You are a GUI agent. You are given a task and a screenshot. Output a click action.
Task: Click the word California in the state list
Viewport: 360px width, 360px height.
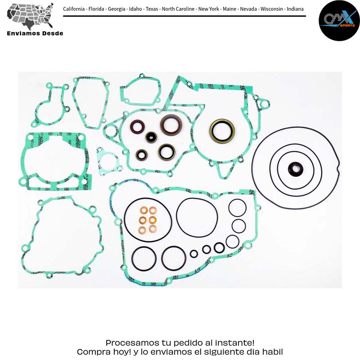[74, 9]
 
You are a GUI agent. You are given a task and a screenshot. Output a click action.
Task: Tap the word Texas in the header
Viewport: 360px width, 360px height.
[152, 9]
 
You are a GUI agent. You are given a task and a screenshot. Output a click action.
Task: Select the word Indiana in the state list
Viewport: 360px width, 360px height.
[295, 9]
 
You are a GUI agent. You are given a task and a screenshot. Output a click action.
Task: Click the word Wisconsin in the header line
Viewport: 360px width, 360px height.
[272, 9]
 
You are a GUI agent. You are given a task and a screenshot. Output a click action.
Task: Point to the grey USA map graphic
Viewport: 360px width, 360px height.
[30, 16]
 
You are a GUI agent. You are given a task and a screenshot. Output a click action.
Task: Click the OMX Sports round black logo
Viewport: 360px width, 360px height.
[339, 20]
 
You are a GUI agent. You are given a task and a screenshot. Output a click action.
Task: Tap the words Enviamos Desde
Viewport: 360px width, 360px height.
[35, 33]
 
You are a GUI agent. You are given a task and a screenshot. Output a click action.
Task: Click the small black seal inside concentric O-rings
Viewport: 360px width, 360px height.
[296, 170]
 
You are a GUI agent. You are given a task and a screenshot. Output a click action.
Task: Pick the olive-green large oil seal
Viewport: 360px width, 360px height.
[222, 131]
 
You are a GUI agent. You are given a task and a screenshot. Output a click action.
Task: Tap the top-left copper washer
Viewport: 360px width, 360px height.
[144, 210]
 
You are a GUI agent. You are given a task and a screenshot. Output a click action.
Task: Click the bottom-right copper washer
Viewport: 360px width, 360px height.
[153, 229]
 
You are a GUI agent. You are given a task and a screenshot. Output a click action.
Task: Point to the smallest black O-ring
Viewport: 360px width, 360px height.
[194, 254]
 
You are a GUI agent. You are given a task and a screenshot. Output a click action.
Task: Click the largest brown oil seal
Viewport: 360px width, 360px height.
[171, 125]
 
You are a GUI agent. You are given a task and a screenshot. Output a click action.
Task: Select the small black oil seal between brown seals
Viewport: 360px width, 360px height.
[151, 137]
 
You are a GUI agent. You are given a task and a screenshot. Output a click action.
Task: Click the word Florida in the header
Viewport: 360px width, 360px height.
[96, 9]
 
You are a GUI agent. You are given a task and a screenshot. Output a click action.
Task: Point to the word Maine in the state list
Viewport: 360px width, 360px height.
[229, 9]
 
